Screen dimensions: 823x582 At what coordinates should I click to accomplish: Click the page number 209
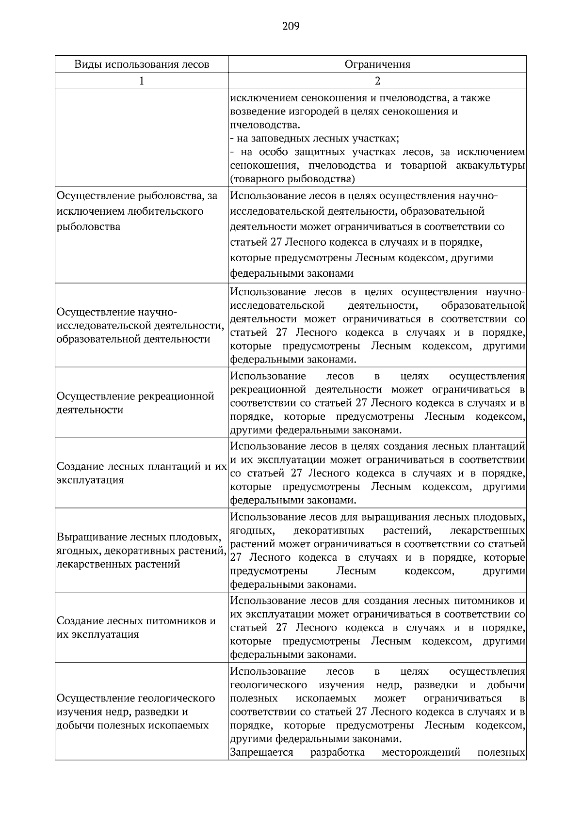[291, 26]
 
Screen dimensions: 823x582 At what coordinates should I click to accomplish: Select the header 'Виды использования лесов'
[142, 64]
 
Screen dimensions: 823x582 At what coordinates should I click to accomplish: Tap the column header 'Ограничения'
[377, 64]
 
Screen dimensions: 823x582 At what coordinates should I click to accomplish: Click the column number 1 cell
[142, 81]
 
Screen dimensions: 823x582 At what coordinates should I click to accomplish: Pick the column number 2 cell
[377, 81]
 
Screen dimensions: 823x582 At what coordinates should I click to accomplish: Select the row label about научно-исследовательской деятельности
[141, 325]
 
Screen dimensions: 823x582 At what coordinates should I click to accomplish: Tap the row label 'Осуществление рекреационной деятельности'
[136, 403]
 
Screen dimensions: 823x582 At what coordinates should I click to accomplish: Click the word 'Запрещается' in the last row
[262, 753]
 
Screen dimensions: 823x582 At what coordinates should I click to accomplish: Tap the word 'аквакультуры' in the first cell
[490, 166]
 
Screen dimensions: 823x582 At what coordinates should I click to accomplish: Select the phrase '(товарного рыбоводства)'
[292, 179]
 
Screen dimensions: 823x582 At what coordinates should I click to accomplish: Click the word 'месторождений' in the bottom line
[420, 753]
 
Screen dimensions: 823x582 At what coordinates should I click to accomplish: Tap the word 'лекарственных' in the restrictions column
[487, 530]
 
